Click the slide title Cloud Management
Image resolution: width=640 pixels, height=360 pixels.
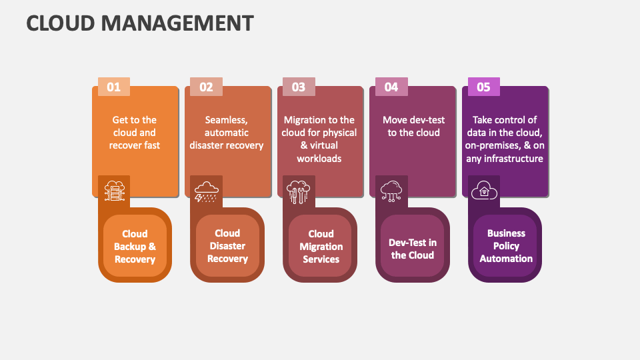(x=140, y=23)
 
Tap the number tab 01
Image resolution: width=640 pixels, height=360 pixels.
(x=114, y=87)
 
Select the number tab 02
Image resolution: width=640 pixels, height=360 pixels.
(x=206, y=87)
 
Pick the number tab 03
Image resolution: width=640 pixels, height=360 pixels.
(x=299, y=87)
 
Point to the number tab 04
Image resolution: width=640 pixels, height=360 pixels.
(x=391, y=87)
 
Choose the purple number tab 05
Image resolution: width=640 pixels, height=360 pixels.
(x=483, y=87)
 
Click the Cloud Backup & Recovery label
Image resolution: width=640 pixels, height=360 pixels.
(x=135, y=246)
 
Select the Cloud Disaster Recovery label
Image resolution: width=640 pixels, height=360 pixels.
(x=227, y=246)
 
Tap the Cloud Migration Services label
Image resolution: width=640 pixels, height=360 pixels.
(x=321, y=246)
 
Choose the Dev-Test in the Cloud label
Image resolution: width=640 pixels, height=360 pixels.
(x=413, y=249)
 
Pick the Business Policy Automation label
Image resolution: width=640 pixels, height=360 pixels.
(x=506, y=246)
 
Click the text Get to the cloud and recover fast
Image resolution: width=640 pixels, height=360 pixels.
(x=135, y=133)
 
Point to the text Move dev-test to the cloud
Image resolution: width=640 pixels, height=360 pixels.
(x=413, y=126)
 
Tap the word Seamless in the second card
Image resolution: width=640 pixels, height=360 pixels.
(x=226, y=120)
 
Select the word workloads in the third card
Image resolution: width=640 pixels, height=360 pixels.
(x=319, y=159)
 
